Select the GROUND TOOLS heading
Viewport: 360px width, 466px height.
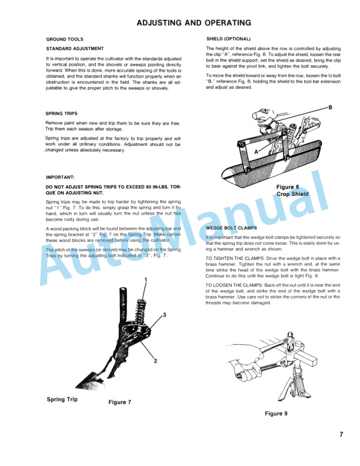(64, 39)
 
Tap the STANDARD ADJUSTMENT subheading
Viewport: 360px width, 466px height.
(75, 48)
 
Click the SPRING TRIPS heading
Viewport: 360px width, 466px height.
(61, 113)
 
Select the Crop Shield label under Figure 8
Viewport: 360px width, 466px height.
(292, 194)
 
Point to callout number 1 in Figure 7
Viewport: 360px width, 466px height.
(145, 279)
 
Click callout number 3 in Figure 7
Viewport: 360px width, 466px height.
(164, 315)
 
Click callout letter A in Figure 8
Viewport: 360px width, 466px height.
(256, 150)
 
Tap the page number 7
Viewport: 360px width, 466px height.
(341, 435)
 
